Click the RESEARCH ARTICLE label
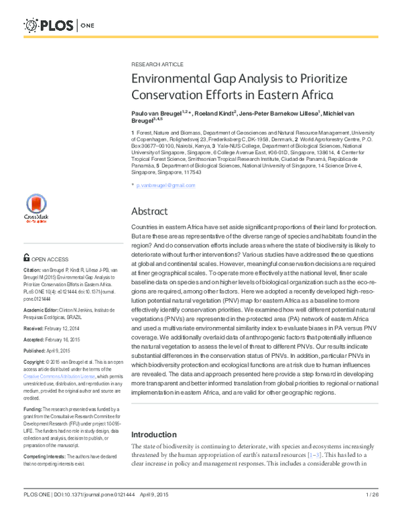click(x=157, y=64)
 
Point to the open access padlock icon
click(x=26, y=257)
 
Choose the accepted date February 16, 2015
click(x=67, y=340)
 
